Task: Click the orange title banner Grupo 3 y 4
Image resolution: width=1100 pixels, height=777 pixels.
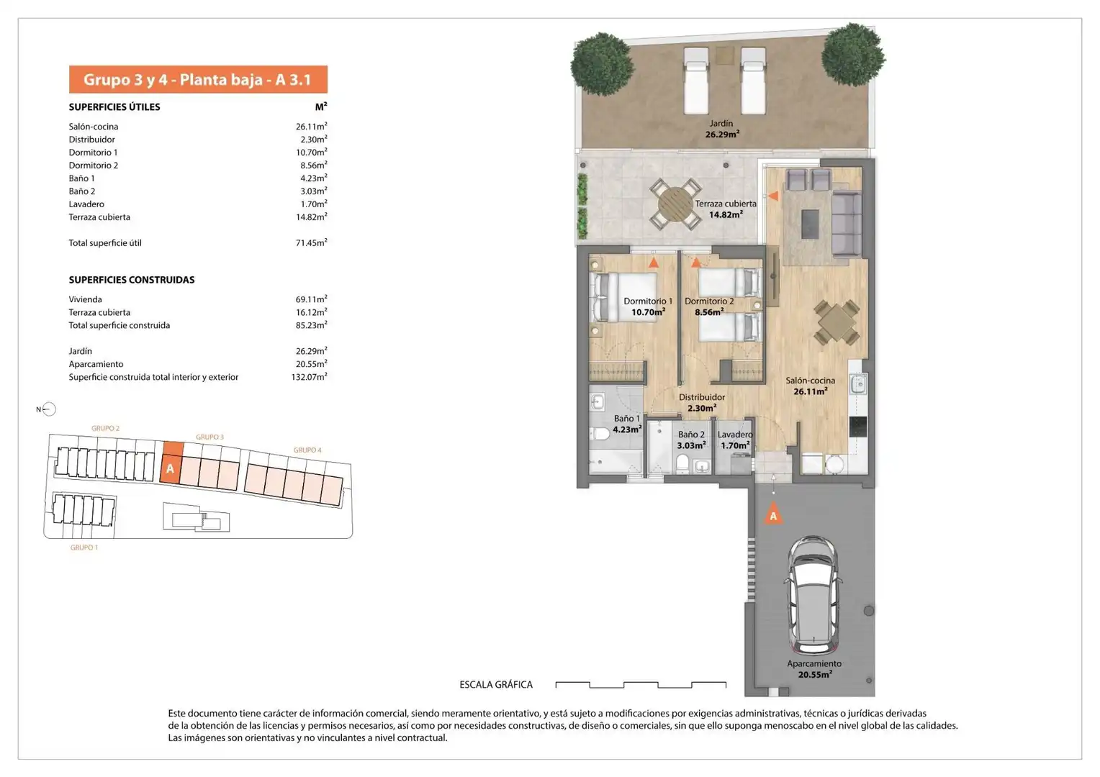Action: (x=198, y=79)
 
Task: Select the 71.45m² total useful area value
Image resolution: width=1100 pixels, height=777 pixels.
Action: (x=311, y=242)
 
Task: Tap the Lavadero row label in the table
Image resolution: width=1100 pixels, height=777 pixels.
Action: (x=86, y=204)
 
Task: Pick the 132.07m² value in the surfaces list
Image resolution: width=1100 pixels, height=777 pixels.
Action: (x=309, y=377)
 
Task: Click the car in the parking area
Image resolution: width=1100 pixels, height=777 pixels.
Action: (x=813, y=596)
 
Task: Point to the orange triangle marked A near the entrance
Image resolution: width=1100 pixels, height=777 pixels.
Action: (x=773, y=514)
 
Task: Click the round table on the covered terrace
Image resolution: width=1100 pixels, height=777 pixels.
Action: (x=675, y=204)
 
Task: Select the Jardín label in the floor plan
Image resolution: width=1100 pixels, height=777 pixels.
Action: (x=721, y=124)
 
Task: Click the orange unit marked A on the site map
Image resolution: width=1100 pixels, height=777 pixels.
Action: (x=171, y=463)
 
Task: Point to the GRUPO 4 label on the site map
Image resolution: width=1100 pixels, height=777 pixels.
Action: (x=307, y=450)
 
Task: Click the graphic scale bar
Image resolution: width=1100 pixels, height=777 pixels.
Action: (x=641, y=685)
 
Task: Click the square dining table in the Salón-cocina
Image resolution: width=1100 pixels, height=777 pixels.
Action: (x=837, y=322)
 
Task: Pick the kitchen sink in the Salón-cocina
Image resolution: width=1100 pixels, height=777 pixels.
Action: (x=858, y=384)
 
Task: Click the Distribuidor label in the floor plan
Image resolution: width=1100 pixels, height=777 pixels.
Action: (x=702, y=397)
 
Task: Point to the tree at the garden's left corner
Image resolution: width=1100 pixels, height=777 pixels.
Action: (x=602, y=64)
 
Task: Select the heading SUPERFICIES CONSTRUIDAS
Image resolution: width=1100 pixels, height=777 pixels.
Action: (x=132, y=280)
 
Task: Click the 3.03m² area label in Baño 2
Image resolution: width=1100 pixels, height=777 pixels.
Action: (x=691, y=445)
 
